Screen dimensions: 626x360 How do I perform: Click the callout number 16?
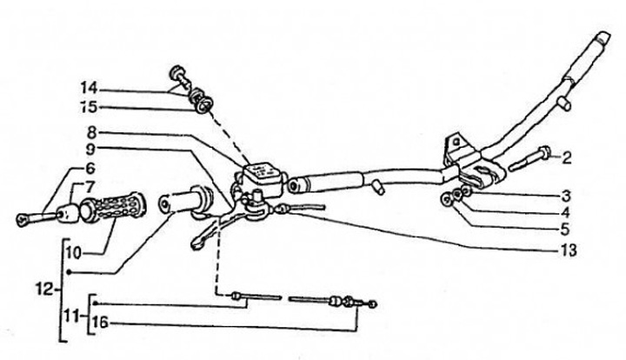[102, 323]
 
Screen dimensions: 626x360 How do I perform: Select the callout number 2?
[566, 157]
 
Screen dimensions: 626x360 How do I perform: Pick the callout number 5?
[566, 229]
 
